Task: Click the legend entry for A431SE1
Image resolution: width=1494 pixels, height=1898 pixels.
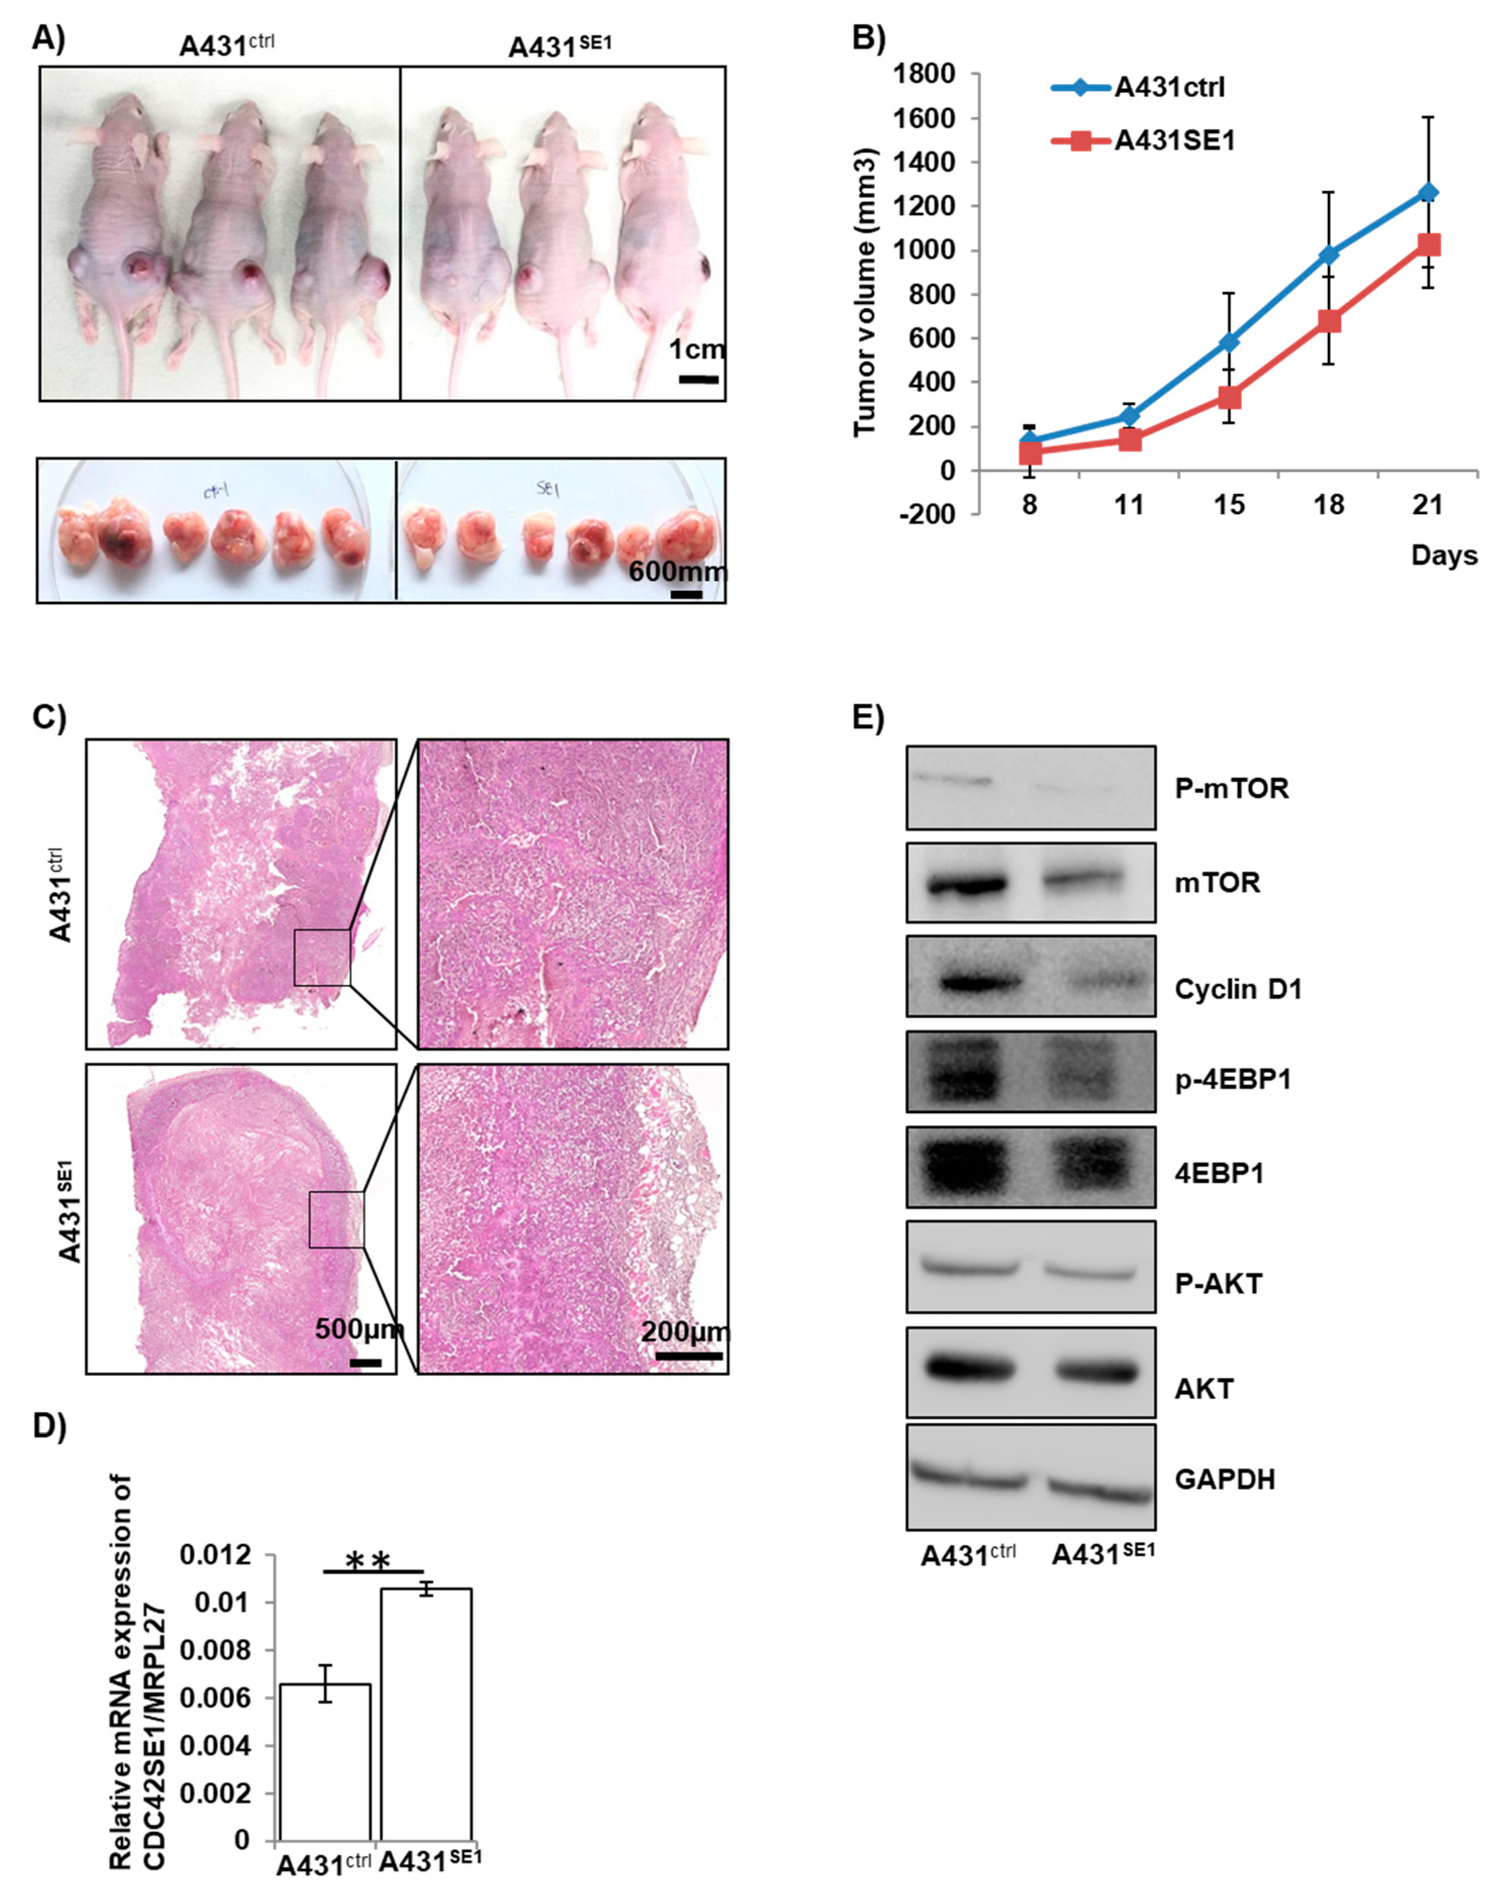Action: (x=1172, y=140)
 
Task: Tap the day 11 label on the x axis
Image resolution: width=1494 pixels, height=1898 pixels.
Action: (x=1129, y=506)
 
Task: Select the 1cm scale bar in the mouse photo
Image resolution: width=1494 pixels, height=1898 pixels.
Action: (x=698, y=379)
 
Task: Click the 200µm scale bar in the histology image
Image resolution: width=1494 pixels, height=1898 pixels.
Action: (x=689, y=1356)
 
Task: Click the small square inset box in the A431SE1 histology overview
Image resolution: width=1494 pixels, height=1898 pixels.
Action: (x=336, y=1219)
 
